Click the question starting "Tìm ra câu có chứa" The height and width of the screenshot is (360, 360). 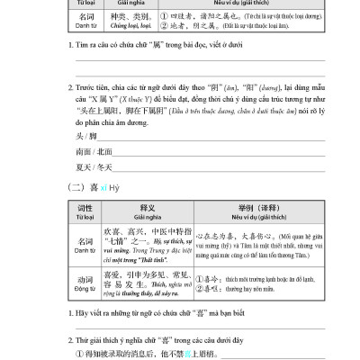135,45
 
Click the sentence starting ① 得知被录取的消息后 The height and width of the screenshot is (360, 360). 153,354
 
